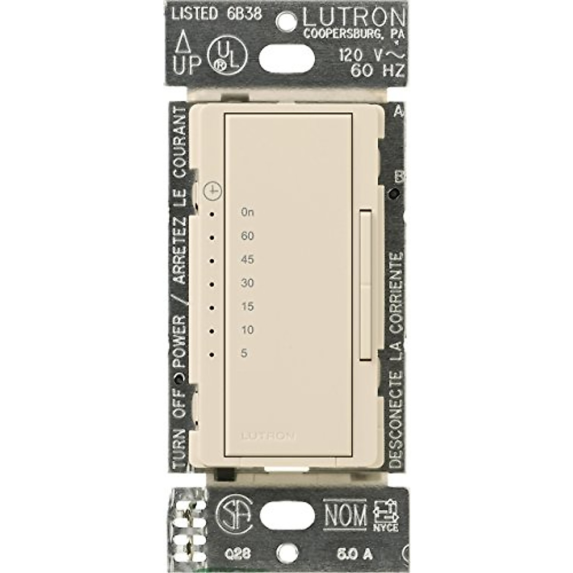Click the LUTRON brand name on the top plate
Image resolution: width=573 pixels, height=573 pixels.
pos(353,18)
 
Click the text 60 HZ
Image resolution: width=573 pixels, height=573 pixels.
pos(378,71)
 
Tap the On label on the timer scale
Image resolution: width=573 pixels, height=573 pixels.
pos(247,212)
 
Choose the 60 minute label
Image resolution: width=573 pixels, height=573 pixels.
pos(247,236)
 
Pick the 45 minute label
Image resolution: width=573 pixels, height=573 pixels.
pos(247,260)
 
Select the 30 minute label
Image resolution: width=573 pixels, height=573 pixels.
pos(247,283)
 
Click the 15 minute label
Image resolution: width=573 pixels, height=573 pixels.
pos(247,307)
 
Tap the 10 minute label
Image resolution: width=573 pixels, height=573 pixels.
pos(247,330)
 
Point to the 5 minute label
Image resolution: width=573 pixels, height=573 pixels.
pos(244,353)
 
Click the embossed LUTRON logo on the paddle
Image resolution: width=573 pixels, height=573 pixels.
pos(268,435)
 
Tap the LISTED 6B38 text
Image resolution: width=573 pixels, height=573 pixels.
pos(217,14)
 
